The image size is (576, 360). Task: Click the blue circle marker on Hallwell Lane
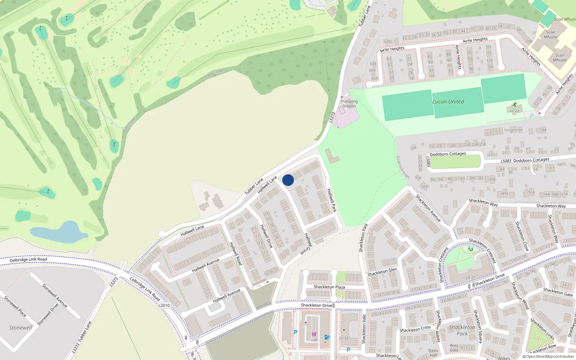coord(288,180)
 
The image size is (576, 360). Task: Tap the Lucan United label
coord(448,102)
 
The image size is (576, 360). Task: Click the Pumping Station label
coord(349,104)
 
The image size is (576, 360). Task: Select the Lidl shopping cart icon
coord(314,334)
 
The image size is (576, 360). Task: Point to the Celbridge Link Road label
coord(28,260)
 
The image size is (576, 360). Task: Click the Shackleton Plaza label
coord(329,287)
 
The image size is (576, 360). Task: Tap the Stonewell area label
coord(21,328)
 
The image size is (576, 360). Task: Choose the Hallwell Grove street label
coord(308,244)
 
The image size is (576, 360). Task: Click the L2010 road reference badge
coord(164,305)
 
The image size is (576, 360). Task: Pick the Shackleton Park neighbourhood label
coord(462,330)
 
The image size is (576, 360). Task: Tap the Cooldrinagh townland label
coord(214,73)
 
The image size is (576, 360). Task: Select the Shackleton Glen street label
coord(382,272)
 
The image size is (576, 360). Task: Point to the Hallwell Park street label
coord(332,200)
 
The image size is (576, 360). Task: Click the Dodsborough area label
coord(402,167)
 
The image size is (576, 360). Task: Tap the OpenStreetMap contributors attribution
coord(548,357)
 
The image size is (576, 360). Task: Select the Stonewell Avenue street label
coord(55,296)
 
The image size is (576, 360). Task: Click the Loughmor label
coord(513,130)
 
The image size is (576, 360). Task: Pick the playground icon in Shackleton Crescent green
coord(470,249)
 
